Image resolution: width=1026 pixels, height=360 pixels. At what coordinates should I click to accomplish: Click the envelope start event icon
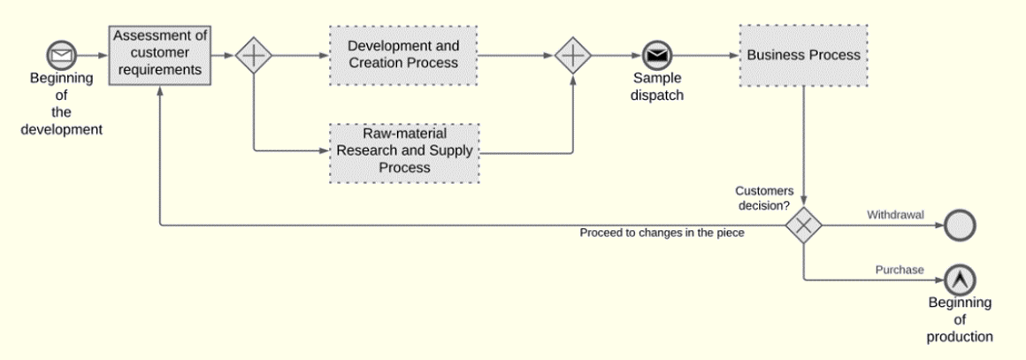click(x=61, y=56)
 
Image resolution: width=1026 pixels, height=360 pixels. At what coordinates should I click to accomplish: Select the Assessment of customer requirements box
click(x=161, y=55)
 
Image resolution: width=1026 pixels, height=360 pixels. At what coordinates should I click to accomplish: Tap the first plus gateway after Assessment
click(x=254, y=56)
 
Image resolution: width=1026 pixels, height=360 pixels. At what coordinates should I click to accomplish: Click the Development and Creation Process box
click(x=403, y=55)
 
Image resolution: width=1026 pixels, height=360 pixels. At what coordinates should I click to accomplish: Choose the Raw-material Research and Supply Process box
click(x=404, y=153)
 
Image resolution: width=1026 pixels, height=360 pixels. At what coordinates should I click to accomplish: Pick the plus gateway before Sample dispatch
click(x=573, y=56)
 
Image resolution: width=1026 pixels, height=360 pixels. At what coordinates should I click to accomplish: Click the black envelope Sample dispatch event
click(x=656, y=56)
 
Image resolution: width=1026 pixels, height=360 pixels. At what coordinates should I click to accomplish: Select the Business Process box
click(x=803, y=55)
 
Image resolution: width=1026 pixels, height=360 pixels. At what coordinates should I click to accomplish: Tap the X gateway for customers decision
click(x=803, y=226)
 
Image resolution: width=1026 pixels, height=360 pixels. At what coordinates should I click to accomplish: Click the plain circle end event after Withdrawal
click(x=959, y=226)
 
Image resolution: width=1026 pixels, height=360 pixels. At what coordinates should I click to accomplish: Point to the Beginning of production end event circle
click(x=959, y=280)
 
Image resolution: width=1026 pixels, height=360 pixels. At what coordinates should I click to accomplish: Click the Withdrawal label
click(x=894, y=215)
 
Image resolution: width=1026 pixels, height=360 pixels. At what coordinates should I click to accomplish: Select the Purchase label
click(x=900, y=270)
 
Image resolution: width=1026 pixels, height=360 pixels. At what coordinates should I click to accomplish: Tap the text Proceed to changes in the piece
click(x=662, y=234)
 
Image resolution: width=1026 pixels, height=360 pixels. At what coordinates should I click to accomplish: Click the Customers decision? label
click(x=762, y=198)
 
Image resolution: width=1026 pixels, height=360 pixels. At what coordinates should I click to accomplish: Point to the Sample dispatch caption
click(x=656, y=87)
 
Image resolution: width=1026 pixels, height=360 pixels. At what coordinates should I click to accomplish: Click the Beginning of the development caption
click(x=62, y=103)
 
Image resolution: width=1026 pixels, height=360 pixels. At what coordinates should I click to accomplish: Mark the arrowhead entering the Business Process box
click(x=735, y=56)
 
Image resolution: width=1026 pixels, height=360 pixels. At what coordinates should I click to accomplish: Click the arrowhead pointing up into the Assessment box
click(x=160, y=91)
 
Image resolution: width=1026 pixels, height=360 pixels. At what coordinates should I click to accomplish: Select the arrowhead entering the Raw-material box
click(x=324, y=153)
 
